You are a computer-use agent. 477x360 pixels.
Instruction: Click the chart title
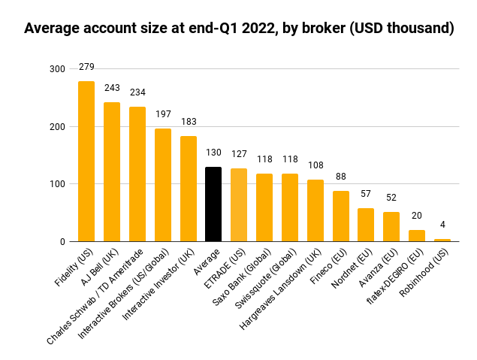239,29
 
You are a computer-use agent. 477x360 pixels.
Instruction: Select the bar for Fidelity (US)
86,162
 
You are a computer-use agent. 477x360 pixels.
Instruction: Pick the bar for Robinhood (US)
442,240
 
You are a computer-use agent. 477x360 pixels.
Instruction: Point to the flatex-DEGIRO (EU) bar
417,236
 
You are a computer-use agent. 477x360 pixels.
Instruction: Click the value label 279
86,68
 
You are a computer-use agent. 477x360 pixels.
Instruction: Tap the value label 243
112,88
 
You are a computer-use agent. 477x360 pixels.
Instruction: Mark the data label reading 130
213,153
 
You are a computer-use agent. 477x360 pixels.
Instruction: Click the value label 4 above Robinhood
442,225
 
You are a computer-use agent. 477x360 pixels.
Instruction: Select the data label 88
341,177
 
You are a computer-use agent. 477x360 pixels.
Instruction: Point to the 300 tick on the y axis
57,69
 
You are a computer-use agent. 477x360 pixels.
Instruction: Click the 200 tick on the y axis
57,127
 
